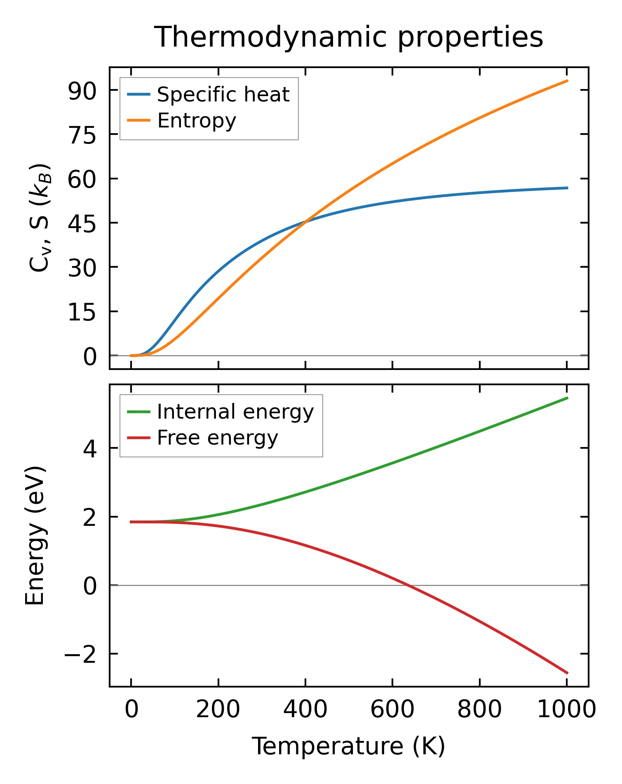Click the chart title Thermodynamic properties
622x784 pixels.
coord(348,38)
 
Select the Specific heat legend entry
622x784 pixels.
coord(223,94)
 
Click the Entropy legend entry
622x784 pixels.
coord(197,120)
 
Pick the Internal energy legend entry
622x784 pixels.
coord(235,412)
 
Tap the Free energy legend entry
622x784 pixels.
coord(217,438)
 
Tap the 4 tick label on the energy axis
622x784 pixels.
coord(90,448)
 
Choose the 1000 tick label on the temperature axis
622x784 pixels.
coord(567,710)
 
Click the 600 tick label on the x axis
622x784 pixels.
coord(392,710)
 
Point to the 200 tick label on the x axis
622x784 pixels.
coord(218,710)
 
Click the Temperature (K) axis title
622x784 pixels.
coord(348,747)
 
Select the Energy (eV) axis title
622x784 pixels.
coord(35,536)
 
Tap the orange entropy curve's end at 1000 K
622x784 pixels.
coord(567,81)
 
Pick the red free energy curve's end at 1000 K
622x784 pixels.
coord(567,673)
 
